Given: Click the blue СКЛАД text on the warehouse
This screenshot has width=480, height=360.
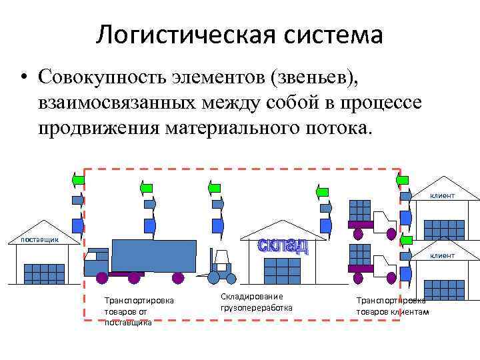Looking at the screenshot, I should [x=283, y=246].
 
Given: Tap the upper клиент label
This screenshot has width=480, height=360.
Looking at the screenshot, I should [x=442, y=195].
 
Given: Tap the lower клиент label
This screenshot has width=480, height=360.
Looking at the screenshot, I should [x=442, y=255].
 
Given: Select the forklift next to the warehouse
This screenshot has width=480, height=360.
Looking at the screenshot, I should [x=219, y=266].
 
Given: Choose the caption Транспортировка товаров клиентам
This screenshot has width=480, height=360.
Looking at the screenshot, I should [x=393, y=306].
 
